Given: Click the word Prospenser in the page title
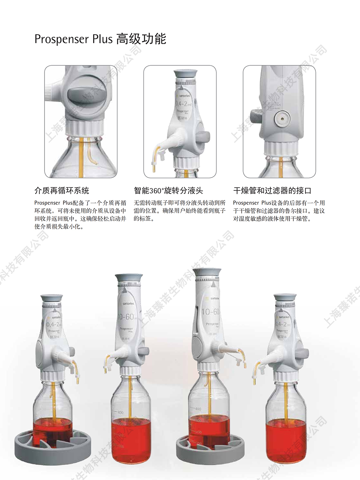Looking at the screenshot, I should click(61, 39).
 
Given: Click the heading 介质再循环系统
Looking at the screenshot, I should click(62, 191).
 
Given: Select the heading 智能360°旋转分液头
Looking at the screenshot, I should click(168, 191).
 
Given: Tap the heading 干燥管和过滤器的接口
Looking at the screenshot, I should click(272, 191).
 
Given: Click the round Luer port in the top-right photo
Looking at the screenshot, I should click(282, 119).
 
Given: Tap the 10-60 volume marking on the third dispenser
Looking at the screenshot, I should click(211, 312).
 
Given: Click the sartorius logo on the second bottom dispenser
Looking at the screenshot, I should click(128, 303).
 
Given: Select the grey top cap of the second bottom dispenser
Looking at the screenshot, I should click(129, 278).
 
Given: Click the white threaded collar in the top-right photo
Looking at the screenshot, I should click(281, 148).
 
